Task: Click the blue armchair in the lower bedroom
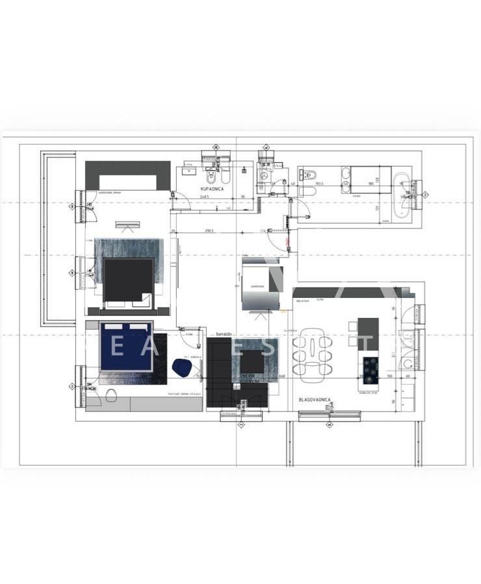[x=181, y=368]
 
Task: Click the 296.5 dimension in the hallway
[x=209, y=230]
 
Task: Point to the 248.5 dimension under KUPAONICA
[x=205, y=197]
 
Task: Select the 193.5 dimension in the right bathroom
[x=319, y=184]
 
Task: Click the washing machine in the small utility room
[x=263, y=175]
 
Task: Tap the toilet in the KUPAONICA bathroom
[x=211, y=176]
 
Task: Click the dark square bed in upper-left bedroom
[x=128, y=279]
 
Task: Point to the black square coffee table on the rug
[x=252, y=361]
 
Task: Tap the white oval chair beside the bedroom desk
[x=111, y=395]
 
